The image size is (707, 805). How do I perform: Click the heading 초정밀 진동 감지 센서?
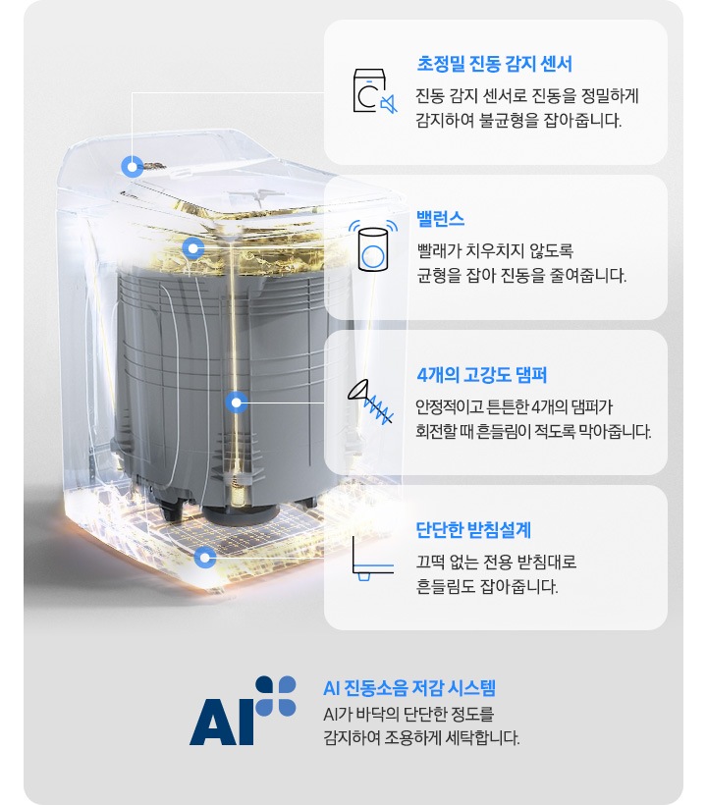494,64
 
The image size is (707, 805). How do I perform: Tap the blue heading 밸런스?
441,219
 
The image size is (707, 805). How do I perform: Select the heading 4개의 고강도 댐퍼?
481,375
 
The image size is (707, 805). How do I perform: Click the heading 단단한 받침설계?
473,530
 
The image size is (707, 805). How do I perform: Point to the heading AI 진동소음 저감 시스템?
409,688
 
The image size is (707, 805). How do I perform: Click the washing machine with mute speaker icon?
375,91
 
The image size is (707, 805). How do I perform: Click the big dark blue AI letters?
222,722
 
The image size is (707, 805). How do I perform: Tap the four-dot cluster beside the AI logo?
276,696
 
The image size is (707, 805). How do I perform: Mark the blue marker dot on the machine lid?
133,166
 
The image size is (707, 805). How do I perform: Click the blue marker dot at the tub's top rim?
193,248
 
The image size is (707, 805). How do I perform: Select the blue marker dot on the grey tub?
237,402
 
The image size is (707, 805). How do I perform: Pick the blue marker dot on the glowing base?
205,557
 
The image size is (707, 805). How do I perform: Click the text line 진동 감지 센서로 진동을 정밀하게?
526,96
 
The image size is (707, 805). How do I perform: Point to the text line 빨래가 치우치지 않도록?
495,251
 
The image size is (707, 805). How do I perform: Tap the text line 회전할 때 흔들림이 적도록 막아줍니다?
533,431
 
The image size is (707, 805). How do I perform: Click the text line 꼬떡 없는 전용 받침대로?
496,562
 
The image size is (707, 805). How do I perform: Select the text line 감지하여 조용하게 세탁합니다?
421,737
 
